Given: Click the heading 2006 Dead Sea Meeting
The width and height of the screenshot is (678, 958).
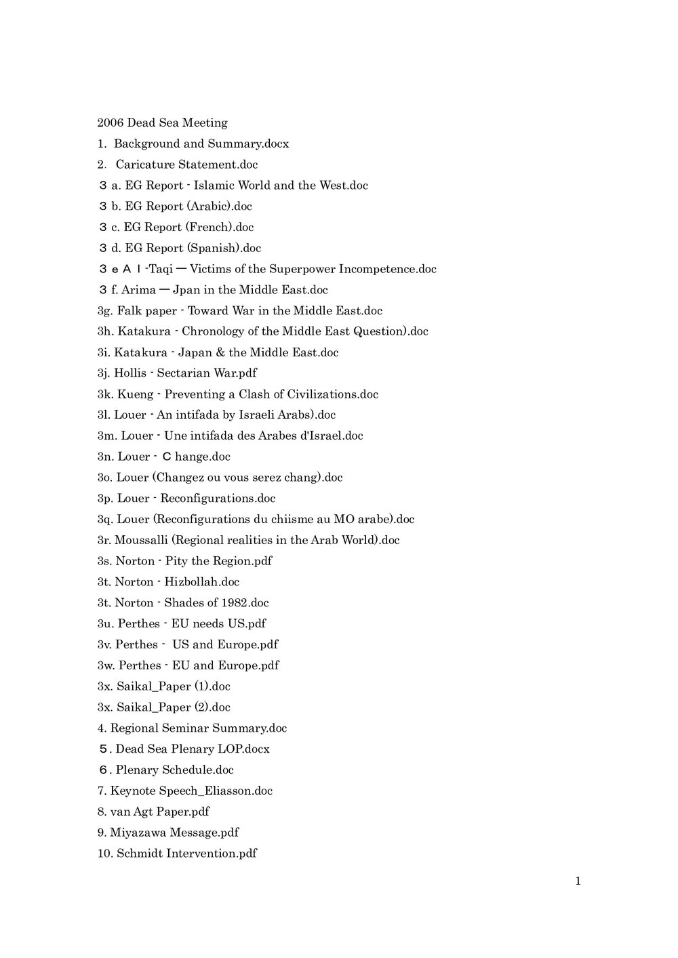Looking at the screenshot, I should pyautogui.click(x=162, y=123).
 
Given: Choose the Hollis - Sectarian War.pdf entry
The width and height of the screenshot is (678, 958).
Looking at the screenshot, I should pyautogui.click(x=177, y=373).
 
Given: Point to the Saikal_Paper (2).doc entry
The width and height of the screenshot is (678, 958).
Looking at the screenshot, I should pyautogui.click(x=163, y=707).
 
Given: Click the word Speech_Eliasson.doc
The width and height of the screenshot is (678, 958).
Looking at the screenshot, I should pyautogui.click(x=215, y=791).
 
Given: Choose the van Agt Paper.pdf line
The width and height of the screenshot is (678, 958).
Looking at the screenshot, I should pyautogui.click(x=153, y=812).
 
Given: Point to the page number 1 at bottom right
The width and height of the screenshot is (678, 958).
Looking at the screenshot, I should pyautogui.click(x=578, y=881).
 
